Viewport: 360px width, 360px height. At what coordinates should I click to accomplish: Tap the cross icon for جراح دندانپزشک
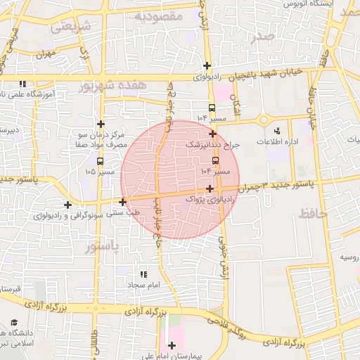[212, 132]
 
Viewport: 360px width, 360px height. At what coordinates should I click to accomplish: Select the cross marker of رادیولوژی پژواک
[210, 188]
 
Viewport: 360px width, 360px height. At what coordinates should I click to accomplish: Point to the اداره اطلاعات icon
[276, 130]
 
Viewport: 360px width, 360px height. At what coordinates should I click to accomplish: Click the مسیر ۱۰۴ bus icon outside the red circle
[212, 108]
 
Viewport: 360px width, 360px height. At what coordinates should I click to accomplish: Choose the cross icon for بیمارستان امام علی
[172, 345]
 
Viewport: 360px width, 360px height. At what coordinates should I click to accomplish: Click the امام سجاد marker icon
[144, 274]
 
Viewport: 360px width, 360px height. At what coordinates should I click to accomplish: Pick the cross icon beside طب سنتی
[123, 202]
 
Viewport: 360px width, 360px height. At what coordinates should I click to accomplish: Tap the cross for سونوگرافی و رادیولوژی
[67, 205]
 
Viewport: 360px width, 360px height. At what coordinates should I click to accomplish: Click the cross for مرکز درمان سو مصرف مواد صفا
[101, 124]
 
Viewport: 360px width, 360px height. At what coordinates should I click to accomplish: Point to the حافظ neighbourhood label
[313, 213]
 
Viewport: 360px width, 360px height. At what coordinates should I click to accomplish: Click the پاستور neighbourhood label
[103, 247]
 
